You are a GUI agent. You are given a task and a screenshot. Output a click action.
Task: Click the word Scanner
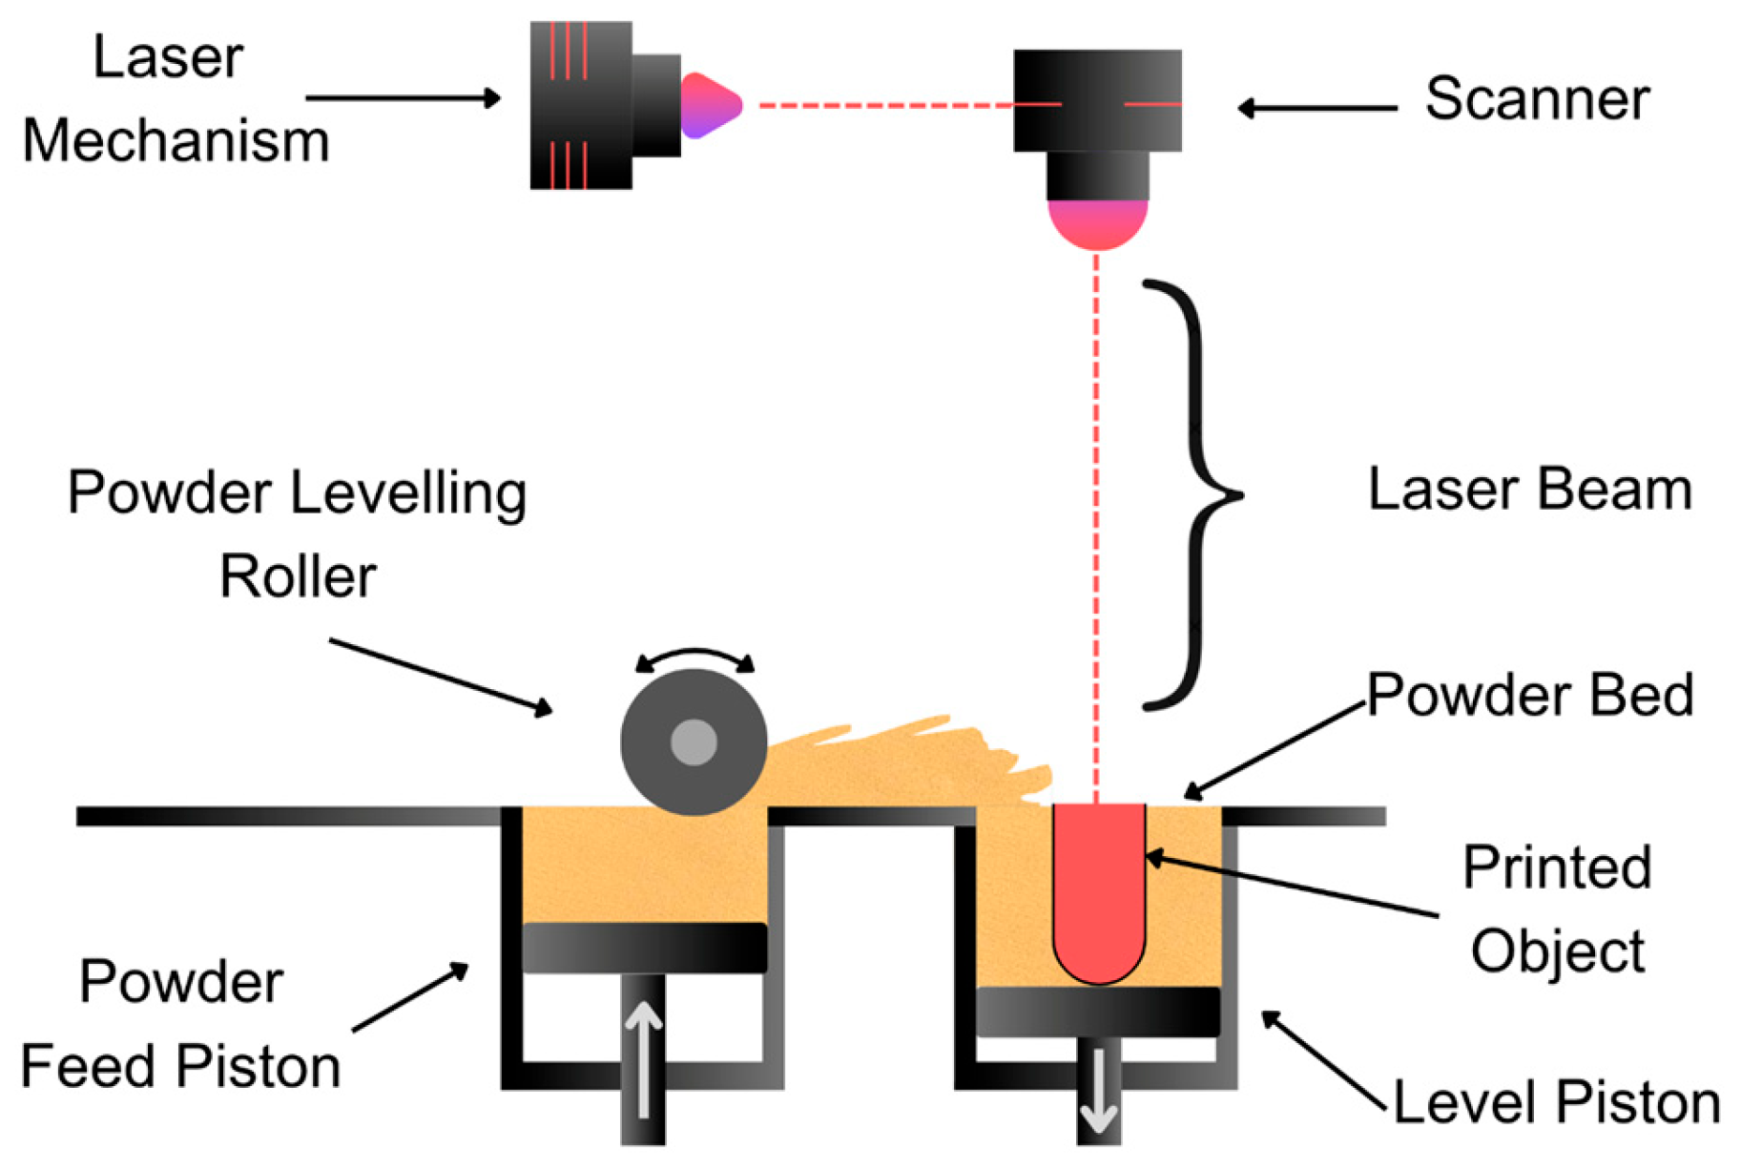(1536, 98)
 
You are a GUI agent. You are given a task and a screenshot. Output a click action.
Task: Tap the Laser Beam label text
(1529, 490)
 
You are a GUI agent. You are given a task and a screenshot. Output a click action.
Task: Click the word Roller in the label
(298, 576)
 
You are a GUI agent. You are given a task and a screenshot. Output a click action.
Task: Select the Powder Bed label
(1529, 695)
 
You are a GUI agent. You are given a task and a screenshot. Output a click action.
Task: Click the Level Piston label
(1556, 1102)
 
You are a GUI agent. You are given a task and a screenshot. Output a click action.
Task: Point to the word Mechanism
(176, 141)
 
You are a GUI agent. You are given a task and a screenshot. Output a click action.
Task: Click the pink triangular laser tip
(708, 106)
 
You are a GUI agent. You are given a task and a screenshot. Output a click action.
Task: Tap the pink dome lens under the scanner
(1097, 223)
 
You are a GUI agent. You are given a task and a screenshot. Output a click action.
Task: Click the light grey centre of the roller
(694, 742)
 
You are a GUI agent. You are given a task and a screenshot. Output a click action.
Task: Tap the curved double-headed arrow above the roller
(694, 657)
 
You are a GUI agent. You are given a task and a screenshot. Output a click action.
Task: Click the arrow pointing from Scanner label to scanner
(1316, 108)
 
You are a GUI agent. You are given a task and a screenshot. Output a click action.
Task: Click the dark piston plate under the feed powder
(644, 948)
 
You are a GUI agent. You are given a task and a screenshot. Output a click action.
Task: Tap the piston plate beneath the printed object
(1098, 1012)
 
